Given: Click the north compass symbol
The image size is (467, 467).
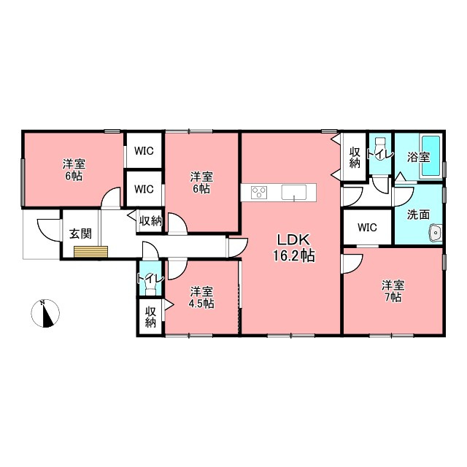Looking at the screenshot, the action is (x=45, y=314).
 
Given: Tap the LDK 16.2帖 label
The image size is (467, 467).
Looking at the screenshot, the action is (x=294, y=248).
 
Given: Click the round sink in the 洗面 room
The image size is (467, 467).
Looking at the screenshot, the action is (x=435, y=232).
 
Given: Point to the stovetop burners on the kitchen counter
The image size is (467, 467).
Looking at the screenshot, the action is (x=259, y=192).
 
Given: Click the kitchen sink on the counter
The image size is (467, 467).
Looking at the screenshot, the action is (x=294, y=193).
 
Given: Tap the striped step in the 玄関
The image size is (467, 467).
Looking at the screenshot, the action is (x=90, y=252).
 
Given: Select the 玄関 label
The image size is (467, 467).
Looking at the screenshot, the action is (x=80, y=233).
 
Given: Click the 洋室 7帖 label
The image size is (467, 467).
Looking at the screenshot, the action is (x=393, y=291).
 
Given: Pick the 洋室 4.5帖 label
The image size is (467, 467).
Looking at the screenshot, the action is (x=201, y=297).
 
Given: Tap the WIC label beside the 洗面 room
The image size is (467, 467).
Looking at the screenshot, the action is (x=367, y=228).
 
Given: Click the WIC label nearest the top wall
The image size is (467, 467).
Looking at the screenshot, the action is (x=144, y=151).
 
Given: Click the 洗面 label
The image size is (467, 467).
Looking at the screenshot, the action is (x=418, y=215).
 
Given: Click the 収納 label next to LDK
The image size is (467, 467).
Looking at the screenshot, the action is (x=355, y=158).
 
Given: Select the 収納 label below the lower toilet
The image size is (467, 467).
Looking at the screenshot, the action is (x=151, y=317).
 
